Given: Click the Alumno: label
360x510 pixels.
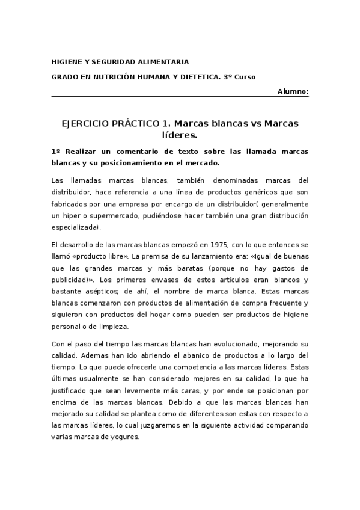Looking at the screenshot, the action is click(293, 91).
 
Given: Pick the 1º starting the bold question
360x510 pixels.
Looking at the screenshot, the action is click(55, 152).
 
